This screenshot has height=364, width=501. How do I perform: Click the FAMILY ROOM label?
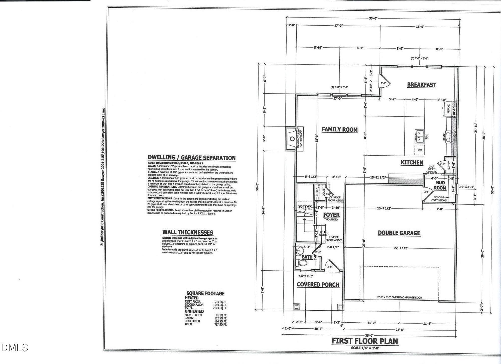coord(339,129)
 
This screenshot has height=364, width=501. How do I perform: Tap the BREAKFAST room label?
coord(421,85)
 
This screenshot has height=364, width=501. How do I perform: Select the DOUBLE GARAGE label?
coord(399,233)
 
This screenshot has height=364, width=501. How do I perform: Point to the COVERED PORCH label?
coord(318,285)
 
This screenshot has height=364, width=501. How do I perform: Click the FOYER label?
coord(331,215)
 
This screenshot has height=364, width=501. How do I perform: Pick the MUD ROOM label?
coord(440,185)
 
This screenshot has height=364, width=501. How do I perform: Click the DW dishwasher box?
coord(420,150)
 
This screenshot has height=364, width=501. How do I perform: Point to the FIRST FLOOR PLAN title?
coord(365,341)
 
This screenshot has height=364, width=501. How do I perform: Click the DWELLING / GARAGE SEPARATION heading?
coord(192,158)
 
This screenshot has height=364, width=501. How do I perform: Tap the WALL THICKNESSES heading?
coord(188,232)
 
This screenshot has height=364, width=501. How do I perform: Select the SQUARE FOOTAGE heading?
coord(205,293)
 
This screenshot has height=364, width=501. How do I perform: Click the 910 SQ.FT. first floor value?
coord(221,302)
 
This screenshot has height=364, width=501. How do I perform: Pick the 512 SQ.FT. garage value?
coord(221,318)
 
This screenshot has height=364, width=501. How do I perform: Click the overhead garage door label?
coord(399,298)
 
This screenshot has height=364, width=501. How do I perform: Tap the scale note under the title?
coord(364,348)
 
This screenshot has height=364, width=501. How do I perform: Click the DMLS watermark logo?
coord(15,348)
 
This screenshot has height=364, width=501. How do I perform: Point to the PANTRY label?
coord(449,165)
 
